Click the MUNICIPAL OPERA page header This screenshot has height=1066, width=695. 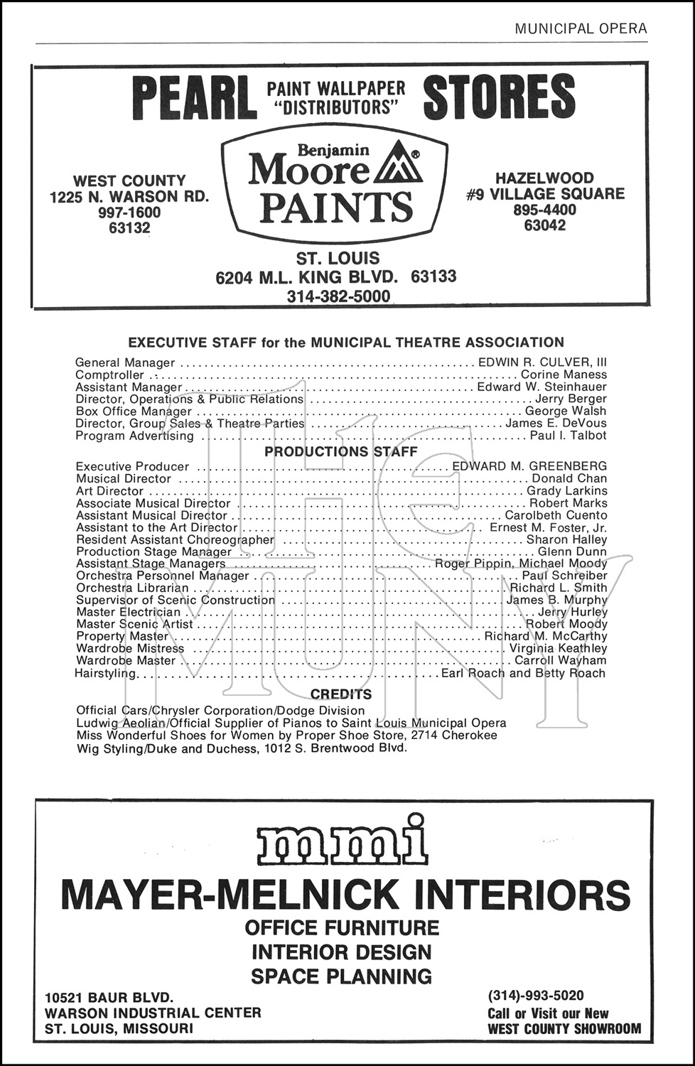pos(581,28)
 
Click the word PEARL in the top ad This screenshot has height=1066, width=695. pos(193,98)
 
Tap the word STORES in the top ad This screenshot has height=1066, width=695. pos(499,97)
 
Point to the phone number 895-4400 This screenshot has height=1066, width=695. pos(545,210)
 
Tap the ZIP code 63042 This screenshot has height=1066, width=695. pos(545,225)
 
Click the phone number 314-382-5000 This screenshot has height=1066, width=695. pos(338,296)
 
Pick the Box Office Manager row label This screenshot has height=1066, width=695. pos(134,411)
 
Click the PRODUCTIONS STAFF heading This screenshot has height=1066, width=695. pos(341,451)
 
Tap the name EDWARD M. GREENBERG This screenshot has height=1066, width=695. pos(529,466)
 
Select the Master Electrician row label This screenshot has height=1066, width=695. pos(129,612)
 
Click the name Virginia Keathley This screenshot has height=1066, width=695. pos(558,648)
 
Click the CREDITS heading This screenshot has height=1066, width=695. pos(341,694)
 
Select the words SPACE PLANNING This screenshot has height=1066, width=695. pos(341,976)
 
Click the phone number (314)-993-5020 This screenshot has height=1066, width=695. pos(536,996)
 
